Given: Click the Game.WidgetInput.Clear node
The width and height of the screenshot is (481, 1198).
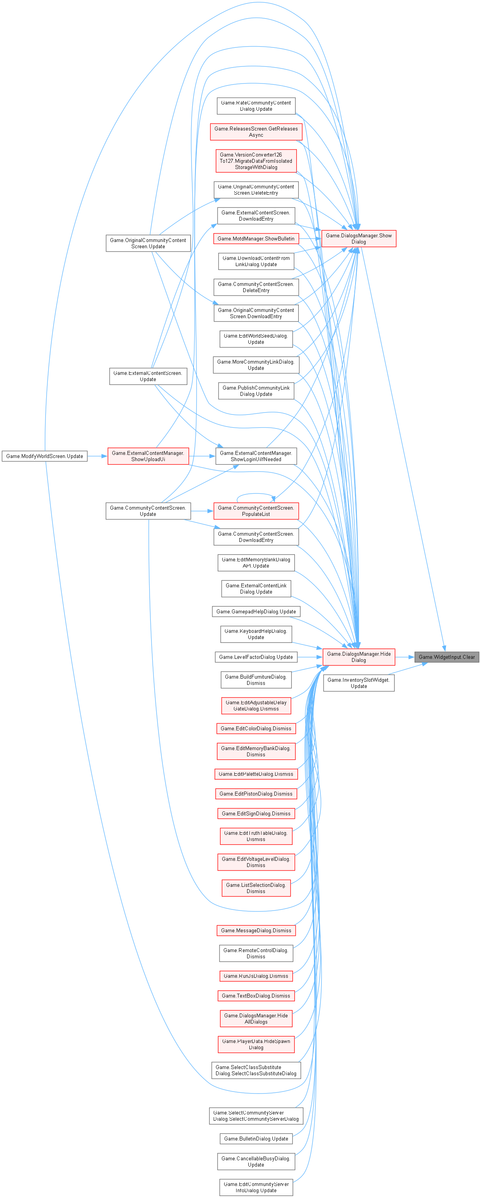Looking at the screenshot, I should point(446,657).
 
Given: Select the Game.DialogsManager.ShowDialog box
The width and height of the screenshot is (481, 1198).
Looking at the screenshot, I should point(359,239).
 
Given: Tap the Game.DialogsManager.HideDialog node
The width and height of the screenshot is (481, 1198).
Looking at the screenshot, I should point(359,657).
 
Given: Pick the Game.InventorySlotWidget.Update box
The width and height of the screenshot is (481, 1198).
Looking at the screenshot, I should point(359,683).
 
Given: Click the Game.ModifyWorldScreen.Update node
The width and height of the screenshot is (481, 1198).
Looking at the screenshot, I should point(45,456).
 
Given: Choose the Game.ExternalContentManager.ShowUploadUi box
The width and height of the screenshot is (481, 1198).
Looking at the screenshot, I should point(148,456).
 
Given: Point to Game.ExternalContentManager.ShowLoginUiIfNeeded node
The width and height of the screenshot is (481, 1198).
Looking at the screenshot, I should point(256,456).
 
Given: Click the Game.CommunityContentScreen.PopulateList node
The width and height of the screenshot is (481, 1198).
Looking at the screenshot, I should point(256,511).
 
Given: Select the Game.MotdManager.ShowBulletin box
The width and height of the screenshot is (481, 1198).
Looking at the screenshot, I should point(256,239).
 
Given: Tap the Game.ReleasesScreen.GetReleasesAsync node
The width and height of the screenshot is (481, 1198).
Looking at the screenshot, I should point(256,132).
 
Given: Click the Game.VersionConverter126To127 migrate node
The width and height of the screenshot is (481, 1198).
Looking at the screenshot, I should point(256,161).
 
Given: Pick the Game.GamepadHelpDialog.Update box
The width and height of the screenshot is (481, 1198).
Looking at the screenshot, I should point(256,611).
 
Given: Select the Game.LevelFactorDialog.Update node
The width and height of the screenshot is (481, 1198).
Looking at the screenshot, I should point(256,657).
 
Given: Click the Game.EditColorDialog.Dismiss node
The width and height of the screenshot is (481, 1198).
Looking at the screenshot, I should point(256,729).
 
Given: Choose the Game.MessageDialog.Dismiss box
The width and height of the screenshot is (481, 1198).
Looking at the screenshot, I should point(256,931).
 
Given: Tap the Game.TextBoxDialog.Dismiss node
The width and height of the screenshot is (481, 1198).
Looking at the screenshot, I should point(256,996).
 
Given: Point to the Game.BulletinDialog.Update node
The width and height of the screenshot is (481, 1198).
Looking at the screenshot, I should point(256,1139).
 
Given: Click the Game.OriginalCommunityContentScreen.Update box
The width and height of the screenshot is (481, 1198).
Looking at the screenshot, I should point(148,243).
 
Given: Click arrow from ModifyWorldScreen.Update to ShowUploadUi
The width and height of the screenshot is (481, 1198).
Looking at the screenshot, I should point(97,456).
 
